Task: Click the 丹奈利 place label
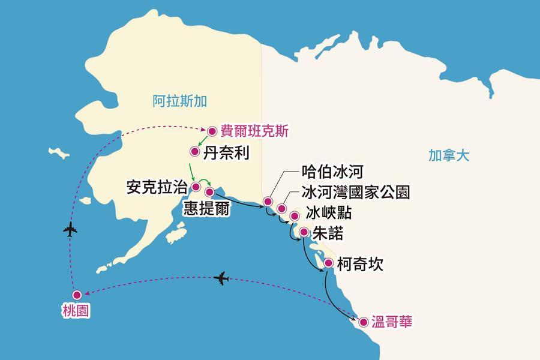pyautogui.click(x=226, y=152)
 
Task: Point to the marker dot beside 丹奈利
pyautogui.click(x=194, y=152)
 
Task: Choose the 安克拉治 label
pyautogui.click(x=156, y=187)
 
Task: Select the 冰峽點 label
pyautogui.click(x=328, y=213)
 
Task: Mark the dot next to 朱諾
pyautogui.click(x=304, y=232)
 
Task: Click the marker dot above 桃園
pyautogui.click(x=76, y=295)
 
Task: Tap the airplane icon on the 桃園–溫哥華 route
pyautogui.click(x=221, y=278)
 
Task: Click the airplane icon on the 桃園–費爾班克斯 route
pyautogui.click(x=70, y=230)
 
